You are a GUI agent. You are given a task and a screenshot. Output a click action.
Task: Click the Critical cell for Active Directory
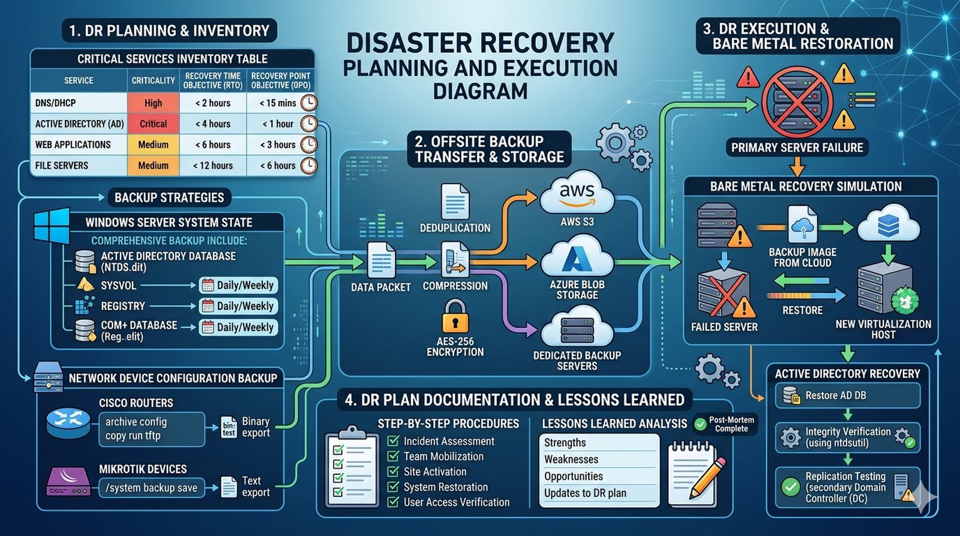pyautogui.click(x=153, y=124)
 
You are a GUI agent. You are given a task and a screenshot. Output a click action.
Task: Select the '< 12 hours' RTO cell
pyautogui.click(x=213, y=166)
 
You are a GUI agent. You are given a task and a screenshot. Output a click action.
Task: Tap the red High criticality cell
pyautogui.click(x=153, y=103)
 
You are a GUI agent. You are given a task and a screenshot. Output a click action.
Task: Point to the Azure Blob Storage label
pyautogui.click(x=577, y=290)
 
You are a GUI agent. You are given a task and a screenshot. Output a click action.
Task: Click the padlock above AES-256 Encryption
pyautogui.click(x=455, y=317)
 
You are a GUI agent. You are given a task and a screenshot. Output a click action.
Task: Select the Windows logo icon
pyautogui.click(x=52, y=226)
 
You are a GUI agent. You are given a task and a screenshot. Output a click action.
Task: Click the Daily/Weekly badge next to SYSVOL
pyautogui.click(x=239, y=285)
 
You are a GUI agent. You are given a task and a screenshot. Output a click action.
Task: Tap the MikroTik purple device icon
pyautogui.click(x=68, y=482)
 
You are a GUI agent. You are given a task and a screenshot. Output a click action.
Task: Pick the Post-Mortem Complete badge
pyautogui.click(x=725, y=424)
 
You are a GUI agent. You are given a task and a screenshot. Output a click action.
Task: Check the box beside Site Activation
pyautogui.click(x=393, y=472)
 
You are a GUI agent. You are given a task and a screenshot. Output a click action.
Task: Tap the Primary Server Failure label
pyautogui.click(x=797, y=148)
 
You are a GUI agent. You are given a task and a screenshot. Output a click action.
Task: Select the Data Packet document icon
pyautogui.click(x=381, y=261)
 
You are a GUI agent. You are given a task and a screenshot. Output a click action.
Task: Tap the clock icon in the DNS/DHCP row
pyautogui.click(x=308, y=103)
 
